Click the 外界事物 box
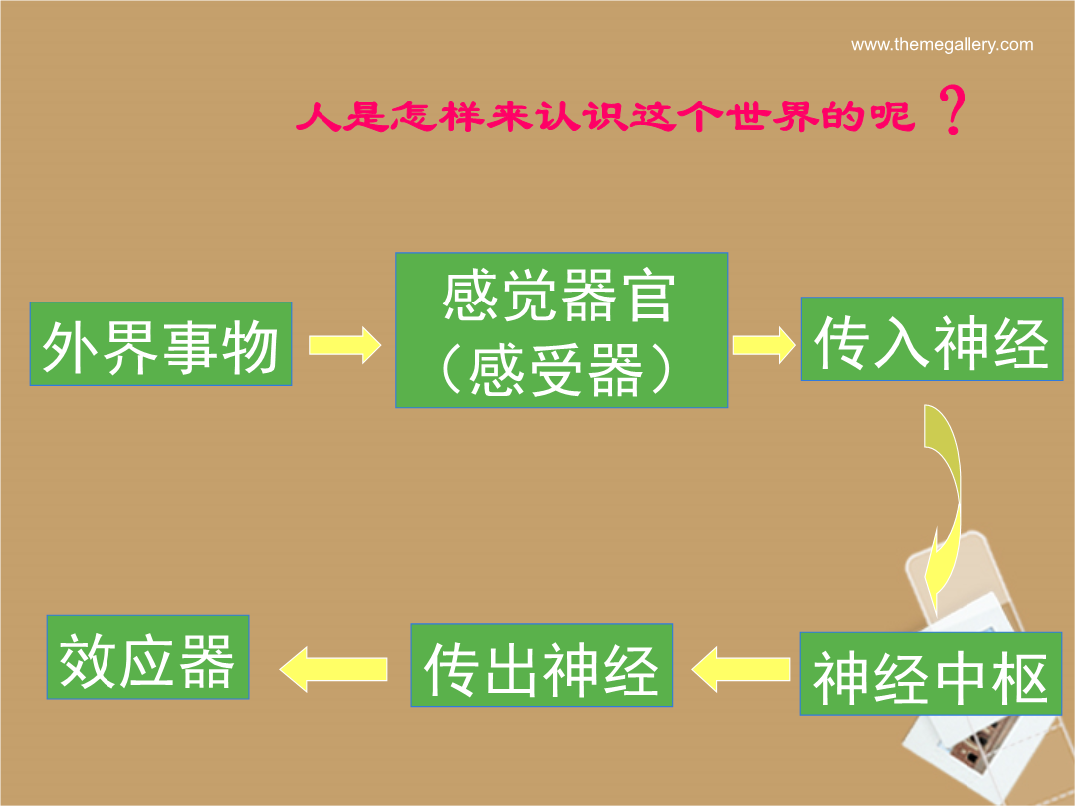pos(160,343)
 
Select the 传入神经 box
pos(932,338)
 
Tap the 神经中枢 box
pos(931,674)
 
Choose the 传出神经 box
pos(541,665)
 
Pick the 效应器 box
pos(147,657)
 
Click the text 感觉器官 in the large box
pos(559,297)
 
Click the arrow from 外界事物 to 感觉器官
pos(344,344)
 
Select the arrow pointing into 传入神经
pos(763,344)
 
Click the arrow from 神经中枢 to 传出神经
pos(741,669)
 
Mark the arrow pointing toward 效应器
pos(333,669)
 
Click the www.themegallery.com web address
pos(942,45)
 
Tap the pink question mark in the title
pos(952,109)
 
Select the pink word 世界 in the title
pos(770,116)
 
